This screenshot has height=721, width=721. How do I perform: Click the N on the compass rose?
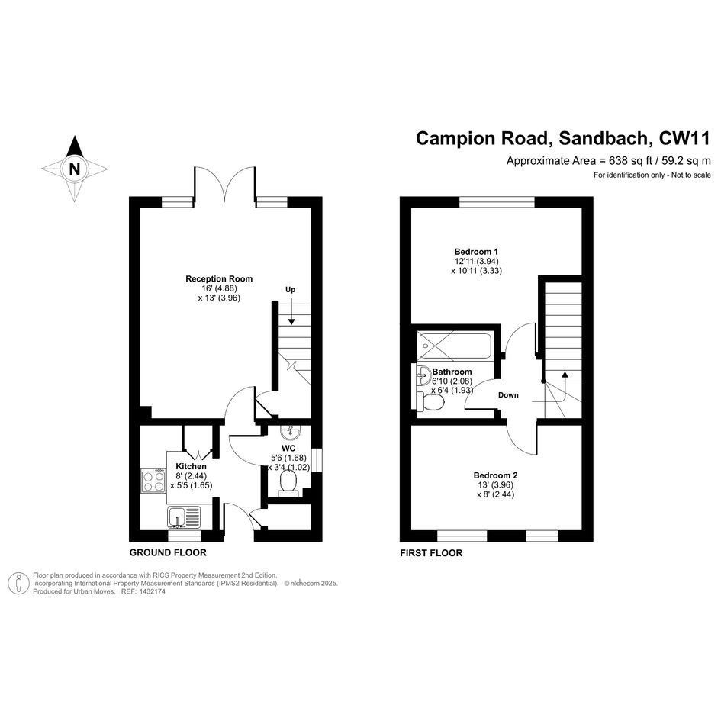(x=75, y=169)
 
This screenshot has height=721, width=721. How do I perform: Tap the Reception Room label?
(x=219, y=278)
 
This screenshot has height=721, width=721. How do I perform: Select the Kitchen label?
(x=191, y=466)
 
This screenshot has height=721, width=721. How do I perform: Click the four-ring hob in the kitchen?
(x=153, y=481)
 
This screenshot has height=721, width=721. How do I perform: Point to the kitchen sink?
(x=184, y=517)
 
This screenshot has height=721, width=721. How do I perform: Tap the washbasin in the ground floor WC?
(x=290, y=432)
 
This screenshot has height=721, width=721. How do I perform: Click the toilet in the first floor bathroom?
(x=430, y=401)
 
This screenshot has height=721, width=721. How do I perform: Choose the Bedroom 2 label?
(x=496, y=475)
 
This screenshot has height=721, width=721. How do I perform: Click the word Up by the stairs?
(x=290, y=290)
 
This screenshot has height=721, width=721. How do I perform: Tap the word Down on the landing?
(x=508, y=395)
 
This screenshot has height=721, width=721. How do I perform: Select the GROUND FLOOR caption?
(x=168, y=552)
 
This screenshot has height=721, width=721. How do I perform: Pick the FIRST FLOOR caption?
(x=431, y=553)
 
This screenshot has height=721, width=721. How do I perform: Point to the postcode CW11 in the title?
(x=684, y=138)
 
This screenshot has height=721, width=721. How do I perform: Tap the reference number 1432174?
(x=151, y=592)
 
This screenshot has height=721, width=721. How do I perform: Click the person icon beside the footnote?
(x=19, y=584)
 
